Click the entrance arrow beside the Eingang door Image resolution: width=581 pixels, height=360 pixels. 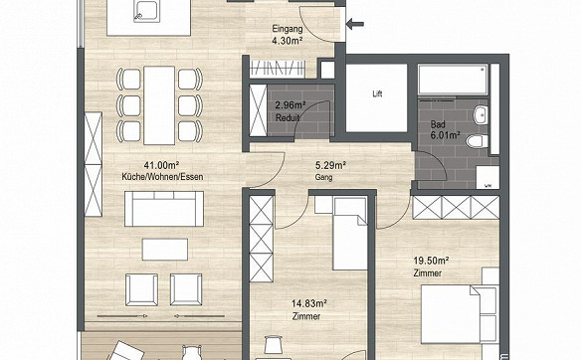355,25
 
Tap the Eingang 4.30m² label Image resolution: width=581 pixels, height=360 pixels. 288,35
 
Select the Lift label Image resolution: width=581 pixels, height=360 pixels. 377,94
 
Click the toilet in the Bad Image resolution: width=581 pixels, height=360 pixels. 478,141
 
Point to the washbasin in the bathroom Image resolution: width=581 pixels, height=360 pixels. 481,114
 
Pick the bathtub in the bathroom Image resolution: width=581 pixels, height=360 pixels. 454,80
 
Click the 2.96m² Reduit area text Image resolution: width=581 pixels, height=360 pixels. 290,111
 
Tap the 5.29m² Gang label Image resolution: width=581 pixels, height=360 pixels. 329,170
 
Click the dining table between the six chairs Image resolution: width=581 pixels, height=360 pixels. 159,105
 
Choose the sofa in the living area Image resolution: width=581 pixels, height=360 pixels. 164,209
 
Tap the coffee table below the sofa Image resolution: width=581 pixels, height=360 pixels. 165,250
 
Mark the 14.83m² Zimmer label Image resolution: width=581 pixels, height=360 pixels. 309,310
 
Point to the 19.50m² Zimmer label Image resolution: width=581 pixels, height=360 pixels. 431,267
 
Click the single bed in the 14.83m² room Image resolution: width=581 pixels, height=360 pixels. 350,234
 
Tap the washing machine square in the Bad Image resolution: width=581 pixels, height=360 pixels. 487,177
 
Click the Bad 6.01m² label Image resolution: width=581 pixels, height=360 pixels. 445,130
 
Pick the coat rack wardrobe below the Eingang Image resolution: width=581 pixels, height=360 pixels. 278,69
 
